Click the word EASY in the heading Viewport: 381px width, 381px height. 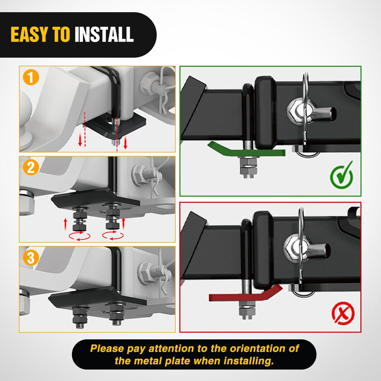tap(30, 35)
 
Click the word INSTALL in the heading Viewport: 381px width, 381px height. tap(104, 35)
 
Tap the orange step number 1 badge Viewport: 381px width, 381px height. tap(31, 77)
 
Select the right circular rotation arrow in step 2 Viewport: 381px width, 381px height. tap(113, 235)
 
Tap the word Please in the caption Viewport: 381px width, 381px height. tap(107, 348)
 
